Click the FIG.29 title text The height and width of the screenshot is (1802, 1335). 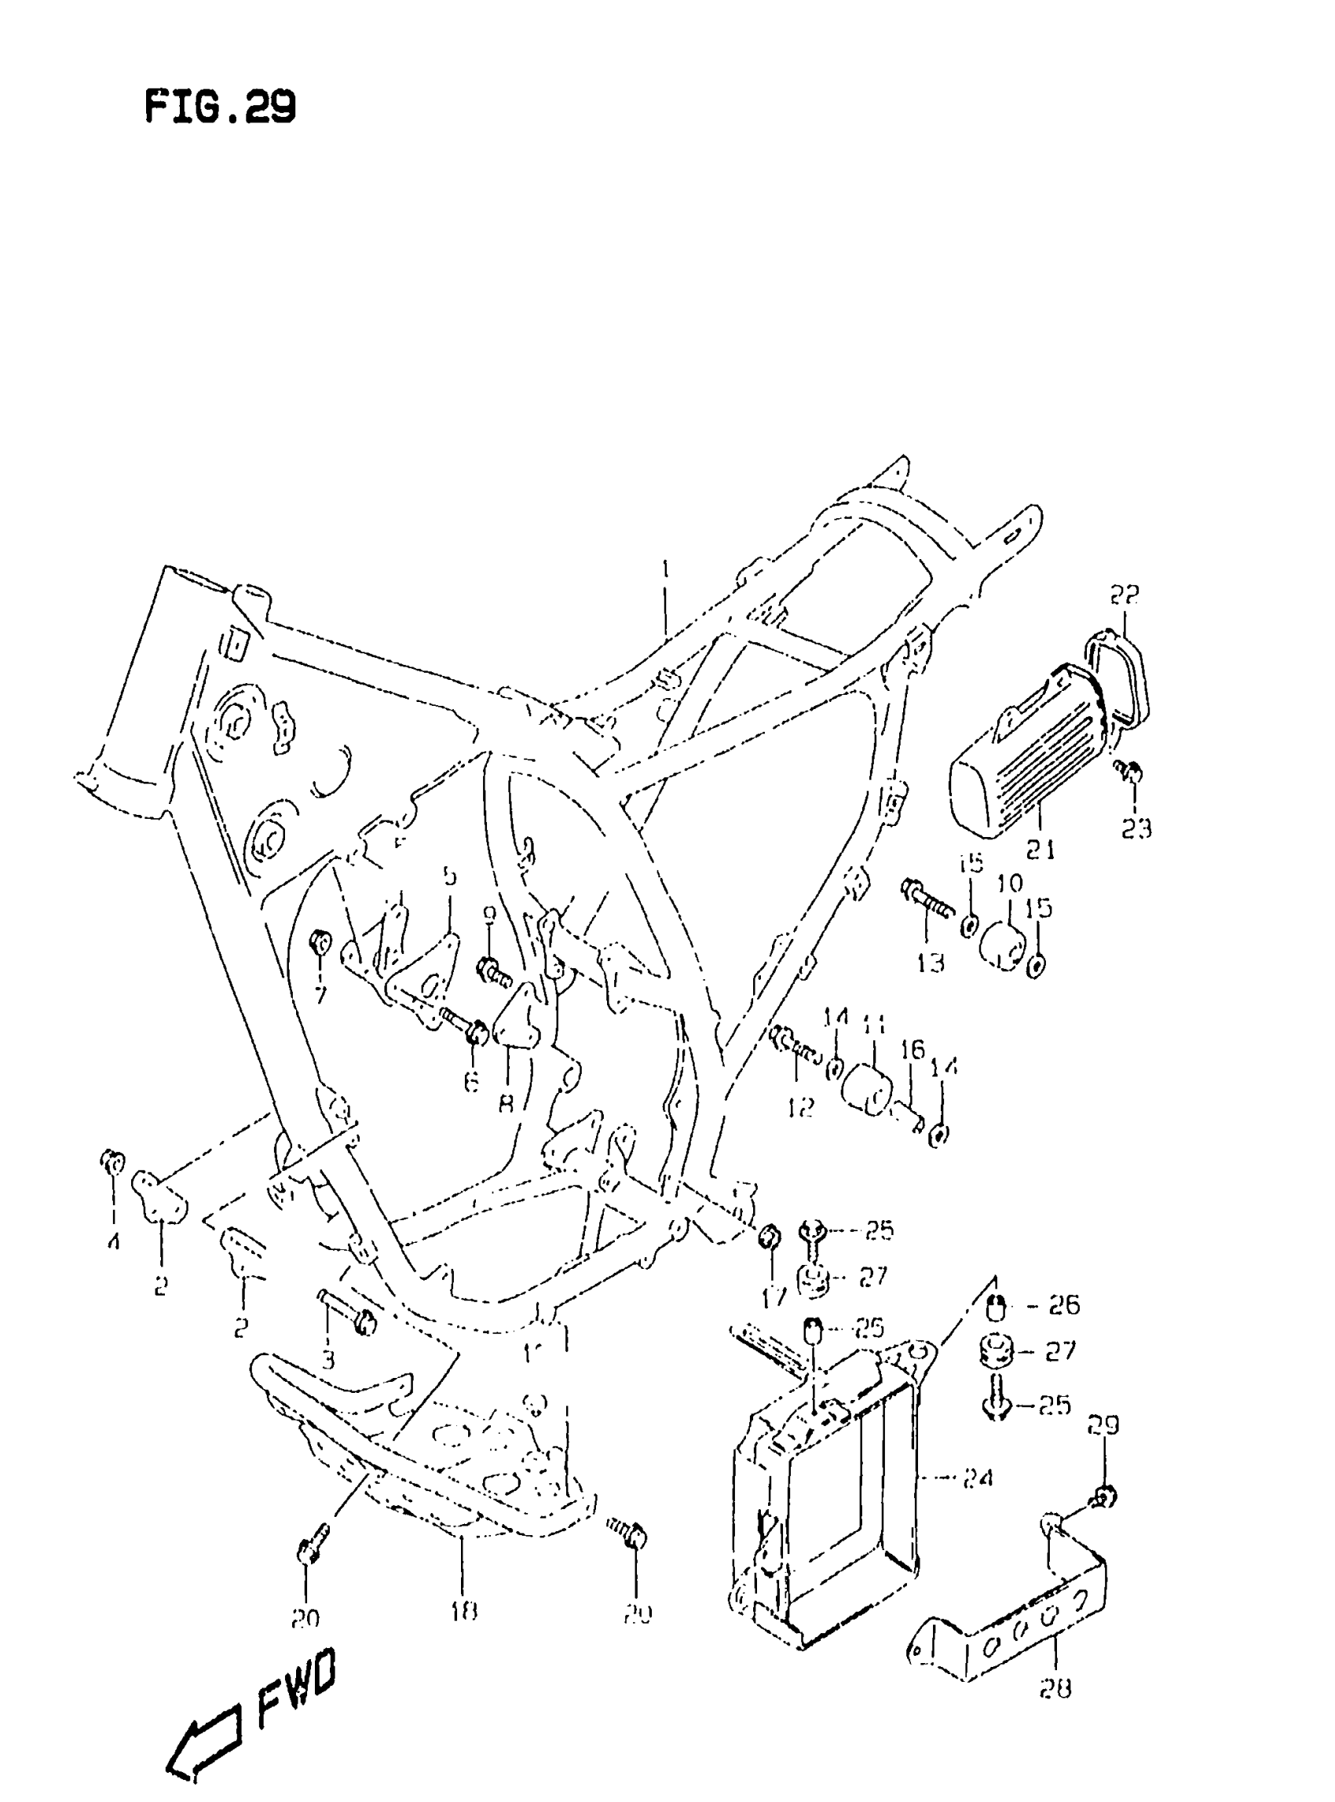220,107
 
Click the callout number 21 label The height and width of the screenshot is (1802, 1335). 1040,850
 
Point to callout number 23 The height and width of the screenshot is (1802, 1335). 1136,828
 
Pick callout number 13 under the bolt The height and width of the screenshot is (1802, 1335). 930,963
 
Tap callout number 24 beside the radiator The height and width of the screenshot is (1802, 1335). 977,1479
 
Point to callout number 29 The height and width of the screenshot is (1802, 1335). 1103,1424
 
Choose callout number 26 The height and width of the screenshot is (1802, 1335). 1063,1305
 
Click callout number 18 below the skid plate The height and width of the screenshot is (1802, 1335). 464,1611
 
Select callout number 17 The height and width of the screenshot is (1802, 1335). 774,1299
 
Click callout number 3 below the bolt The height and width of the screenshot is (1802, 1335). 327,1360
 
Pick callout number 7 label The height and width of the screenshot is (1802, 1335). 321,996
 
